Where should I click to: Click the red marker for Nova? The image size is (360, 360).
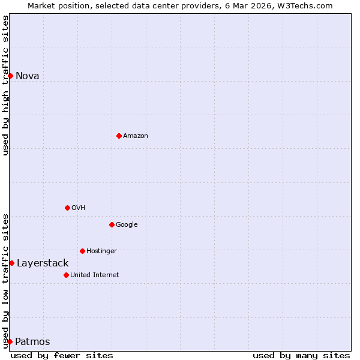tap(10, 76)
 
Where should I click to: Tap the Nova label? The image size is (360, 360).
tap(27, 76)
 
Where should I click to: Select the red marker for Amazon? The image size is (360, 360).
tap(119, 136)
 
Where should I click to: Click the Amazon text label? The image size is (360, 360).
tap(136, 136)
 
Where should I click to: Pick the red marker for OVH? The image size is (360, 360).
tap(67, 208)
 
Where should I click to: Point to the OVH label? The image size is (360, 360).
tap(79, 208)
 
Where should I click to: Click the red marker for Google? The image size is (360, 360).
tap(112, 224)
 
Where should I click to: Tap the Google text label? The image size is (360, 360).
tap(127, 225)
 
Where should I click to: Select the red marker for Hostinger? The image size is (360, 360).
tap(82, 251)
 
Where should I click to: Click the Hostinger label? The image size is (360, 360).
tap(101, 251)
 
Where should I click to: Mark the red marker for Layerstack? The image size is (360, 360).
tap(11, 263)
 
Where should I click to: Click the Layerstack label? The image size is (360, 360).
tap(43, 263)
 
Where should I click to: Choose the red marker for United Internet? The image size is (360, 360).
tap(66, 275)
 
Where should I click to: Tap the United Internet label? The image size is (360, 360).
tap(95, 275)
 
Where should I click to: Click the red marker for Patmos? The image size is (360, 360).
tap(10, 341)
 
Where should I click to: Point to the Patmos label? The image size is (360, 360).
tap(32, 342)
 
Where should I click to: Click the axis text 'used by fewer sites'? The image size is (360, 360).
tap(62, 356)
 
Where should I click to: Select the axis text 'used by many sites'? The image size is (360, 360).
tap(301, 356)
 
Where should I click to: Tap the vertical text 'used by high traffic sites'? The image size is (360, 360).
tap(5, 85)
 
